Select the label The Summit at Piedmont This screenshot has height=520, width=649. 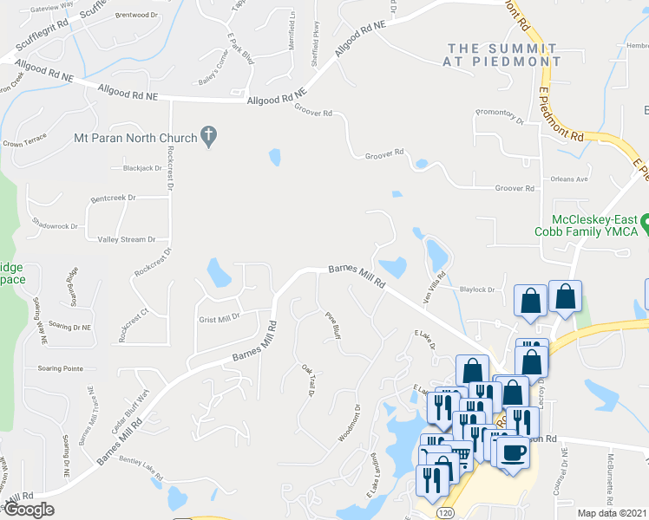click(504, 55)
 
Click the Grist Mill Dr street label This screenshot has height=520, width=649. click(218, 318)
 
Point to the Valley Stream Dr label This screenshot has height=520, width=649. click(127, 239)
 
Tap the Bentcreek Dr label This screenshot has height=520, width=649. click(114, 198)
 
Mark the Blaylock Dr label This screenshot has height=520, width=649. click(477, 289)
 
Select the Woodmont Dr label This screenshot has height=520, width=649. click(355, 420)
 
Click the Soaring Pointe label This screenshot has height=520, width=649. click(61, 368)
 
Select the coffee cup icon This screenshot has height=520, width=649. click(512, 452)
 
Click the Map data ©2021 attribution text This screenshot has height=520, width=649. click(612, 512)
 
